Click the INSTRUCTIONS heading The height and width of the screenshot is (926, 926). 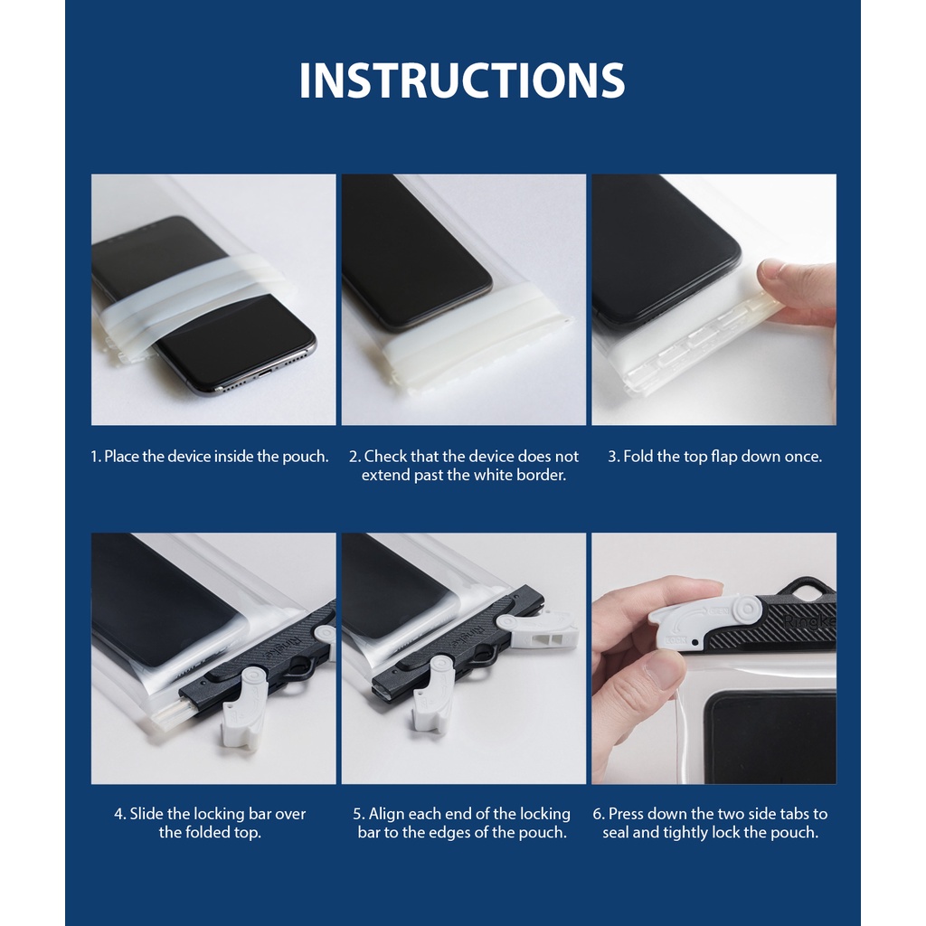[x=462, y=80]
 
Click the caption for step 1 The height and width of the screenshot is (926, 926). [x=210, y=457]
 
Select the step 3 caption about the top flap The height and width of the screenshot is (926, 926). [x=714, y=457]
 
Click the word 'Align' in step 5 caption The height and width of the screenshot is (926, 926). [x=387, y=815]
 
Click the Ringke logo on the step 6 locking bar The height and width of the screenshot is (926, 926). [x=809, y=622]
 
